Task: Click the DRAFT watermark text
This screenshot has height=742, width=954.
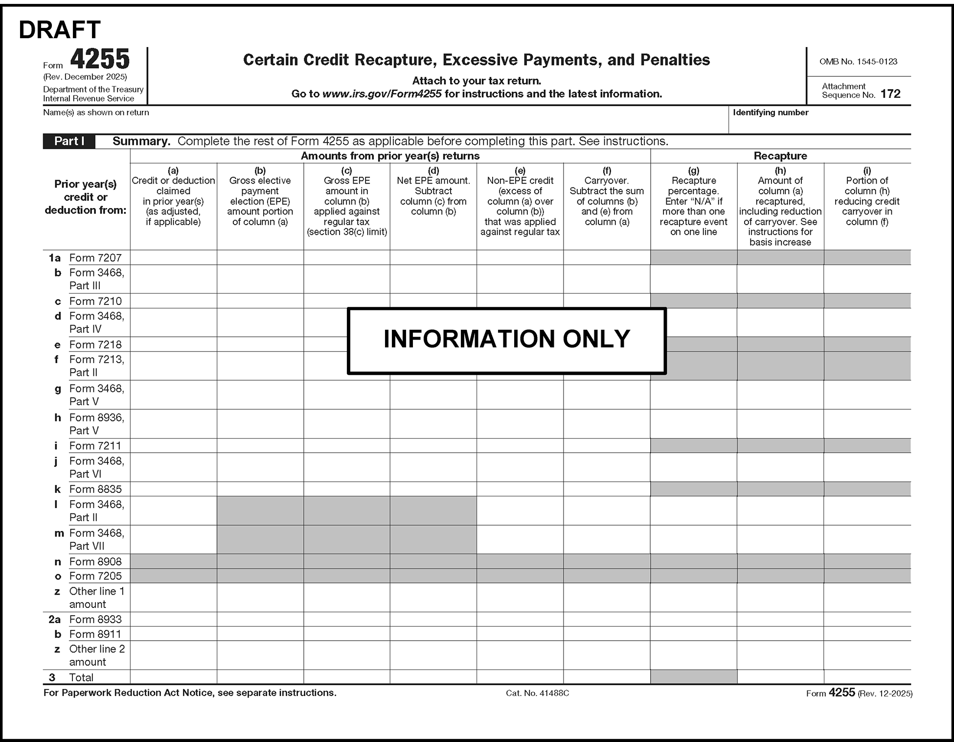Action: pyautogui.click(x=60, y=30)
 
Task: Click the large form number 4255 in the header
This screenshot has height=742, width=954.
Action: pyautogui.click(x=100, y=59)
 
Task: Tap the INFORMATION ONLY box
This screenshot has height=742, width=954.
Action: pyautogui.click(x=506, y=340)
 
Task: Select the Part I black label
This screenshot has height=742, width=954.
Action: pyautogui.click(x=69, y=141)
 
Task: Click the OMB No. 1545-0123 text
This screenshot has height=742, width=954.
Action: pyautogui.click(x=858, y=62)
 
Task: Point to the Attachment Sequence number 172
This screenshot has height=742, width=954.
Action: pyautogui.click(x=890, y=94)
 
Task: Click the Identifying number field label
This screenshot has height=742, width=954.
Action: pyautogui.click(x=770, y=113)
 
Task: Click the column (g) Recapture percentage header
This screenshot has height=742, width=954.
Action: pyautogui.click(x=693, y=201)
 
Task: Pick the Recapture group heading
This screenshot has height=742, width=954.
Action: pyautogui.click(x=780, y=156)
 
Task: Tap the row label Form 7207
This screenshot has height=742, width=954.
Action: pyautogui.click(x=95, y=258)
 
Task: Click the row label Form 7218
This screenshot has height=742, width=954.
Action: pyautogui.click(x=95, y=345)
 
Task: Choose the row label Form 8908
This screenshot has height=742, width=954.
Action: pyautogui.click(x=95, y=561)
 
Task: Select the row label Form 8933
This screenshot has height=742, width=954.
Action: pyautogui.click(x=95, y=619)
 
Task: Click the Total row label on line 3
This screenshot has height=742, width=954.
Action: pyautogui.click(x=81, y=677)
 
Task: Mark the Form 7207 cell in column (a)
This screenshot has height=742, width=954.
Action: pyautogui.click(x=173, y=258)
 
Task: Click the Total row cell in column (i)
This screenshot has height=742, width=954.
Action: pyautogui.click(x=867, y=677)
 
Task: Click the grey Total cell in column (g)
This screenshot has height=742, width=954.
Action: pyautogui.click(x=693, y=677)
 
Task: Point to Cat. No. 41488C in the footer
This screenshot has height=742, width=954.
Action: pyautogui.click(x=537, y=693)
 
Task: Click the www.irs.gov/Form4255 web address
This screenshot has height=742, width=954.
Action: pyautogui.click(x=382, y=94)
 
